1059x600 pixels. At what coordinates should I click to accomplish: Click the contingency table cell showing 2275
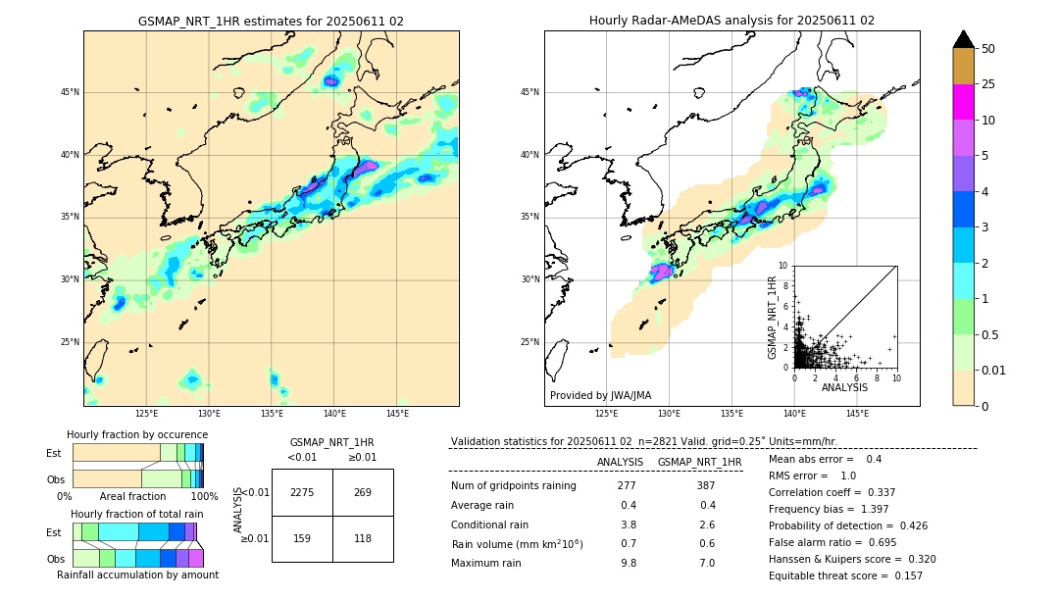click(302, 492)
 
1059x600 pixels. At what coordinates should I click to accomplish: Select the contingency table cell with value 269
click(363, 492)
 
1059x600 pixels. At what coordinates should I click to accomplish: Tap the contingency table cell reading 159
click(302, 538)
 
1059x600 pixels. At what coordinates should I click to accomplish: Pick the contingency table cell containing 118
click(363, 538)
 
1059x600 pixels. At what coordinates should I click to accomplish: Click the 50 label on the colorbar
click(988, 49)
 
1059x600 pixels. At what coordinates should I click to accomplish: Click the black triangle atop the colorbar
click(964, 39)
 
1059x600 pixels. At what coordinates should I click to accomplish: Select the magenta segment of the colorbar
click(964, 102)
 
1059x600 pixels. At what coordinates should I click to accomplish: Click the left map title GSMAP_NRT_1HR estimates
click(271, 21)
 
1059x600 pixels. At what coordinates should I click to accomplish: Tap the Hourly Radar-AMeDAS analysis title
click(731, 21)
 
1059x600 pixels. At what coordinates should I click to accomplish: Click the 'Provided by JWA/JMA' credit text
click(600, 395)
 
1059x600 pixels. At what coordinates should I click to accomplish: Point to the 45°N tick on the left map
click(70, 92)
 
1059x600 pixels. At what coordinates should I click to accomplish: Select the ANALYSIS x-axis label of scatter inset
click(844, 387)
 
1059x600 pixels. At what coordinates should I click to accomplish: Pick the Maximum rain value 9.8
click(628, 563)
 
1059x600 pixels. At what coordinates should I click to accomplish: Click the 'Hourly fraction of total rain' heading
click(137, 514)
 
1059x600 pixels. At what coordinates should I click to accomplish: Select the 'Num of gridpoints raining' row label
click(514, 485)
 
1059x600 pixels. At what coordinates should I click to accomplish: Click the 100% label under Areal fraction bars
click(204, 496)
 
